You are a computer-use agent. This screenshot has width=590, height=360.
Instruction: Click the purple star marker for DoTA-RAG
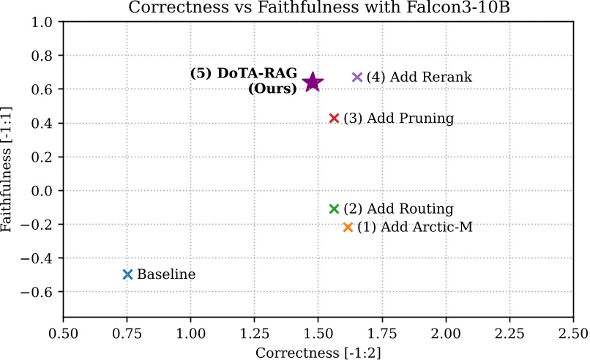[313, 82]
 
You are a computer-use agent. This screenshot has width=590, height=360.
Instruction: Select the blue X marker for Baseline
[127, 274]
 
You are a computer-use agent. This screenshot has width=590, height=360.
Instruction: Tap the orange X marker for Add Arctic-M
[348, 228]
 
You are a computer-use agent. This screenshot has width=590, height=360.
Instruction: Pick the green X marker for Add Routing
[335, 209]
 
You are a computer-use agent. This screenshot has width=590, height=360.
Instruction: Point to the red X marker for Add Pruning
[335, 119]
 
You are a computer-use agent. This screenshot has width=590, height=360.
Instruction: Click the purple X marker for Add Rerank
[357, 78]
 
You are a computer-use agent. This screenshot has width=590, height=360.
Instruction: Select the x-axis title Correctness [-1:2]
[318, 353]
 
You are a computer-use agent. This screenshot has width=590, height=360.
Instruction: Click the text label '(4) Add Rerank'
[419, 78]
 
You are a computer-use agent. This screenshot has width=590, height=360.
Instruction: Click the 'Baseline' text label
[166, 275]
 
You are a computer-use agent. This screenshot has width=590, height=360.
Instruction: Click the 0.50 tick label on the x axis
[64, 333]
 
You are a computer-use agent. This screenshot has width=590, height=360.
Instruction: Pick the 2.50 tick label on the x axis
[572, 333]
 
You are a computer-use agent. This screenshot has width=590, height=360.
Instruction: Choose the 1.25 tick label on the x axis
[254, 333]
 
